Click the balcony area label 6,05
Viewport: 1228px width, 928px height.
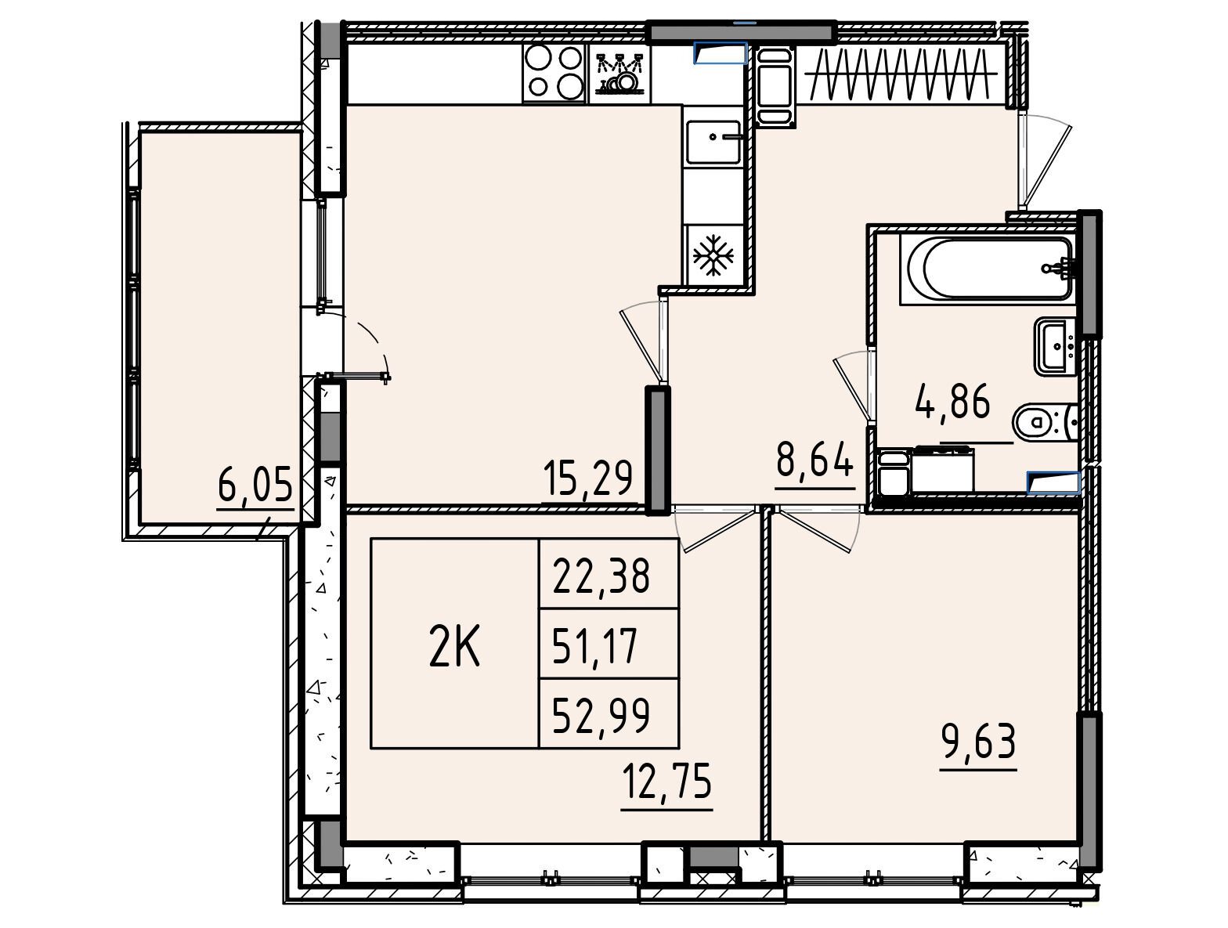tap(255, 485)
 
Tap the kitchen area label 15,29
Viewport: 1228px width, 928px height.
tap(587, 478)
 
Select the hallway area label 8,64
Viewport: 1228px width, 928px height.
tap(814, 457)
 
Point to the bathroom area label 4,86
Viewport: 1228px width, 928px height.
tap(952, 401)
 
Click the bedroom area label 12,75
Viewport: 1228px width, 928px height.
tap(667, 782)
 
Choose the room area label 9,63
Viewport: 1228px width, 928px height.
tap(978, 742)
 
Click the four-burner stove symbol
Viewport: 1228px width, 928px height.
tap(555, 74)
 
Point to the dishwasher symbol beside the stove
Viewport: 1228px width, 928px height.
tap(620, 74)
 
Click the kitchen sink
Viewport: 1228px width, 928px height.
tap(713, 142)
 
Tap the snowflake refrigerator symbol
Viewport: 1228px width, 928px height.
tap(713, 255)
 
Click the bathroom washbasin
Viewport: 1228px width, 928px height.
tap(1056, 346)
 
